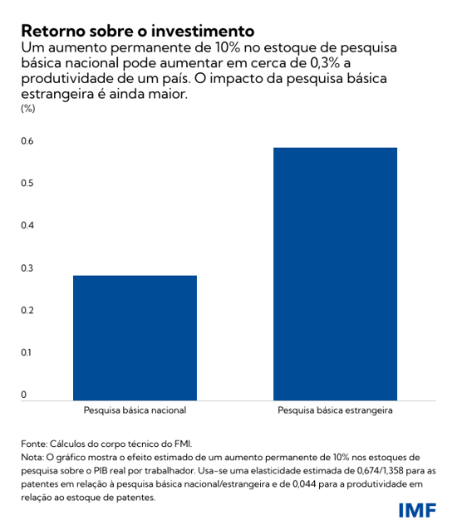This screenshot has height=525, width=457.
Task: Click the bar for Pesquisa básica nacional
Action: pos(135,338)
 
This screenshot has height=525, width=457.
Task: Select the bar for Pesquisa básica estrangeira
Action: pos(335,274)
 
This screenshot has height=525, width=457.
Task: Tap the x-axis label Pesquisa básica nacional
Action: pos(135,410)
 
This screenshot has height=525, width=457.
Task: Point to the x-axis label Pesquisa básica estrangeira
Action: pos(335,410)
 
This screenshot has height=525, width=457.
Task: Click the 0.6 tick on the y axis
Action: pos(27,141)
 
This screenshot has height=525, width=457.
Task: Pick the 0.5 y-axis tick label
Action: pos(27,184)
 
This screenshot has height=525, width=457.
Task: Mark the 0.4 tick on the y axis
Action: pos(27,226)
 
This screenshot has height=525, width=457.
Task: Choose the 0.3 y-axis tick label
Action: pos(27,268)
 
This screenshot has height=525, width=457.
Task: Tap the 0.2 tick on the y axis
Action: pos(27,311)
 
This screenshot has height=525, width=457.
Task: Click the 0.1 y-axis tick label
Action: pos(27,353)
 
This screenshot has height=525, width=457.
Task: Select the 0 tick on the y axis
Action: pos(24,395)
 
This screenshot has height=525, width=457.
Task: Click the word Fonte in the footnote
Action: pos(34,444)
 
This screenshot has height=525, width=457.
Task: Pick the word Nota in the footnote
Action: pos(33,458)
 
